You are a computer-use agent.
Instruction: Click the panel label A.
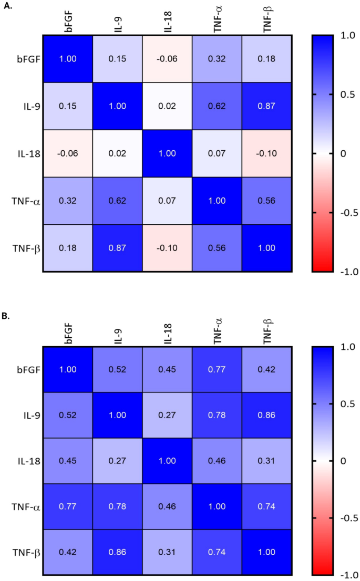[x=7, y=6]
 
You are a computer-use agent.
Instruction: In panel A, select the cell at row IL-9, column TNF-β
[x=266, y=106]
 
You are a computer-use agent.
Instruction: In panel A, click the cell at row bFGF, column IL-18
[x=167, y=58]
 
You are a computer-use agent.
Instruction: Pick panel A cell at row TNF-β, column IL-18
[x=167, y=247]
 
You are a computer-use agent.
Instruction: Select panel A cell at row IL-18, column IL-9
[x=117, y=153]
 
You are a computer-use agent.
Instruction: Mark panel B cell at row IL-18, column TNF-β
[x=266, y=464]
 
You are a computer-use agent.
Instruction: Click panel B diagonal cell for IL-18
[x=167, y=464]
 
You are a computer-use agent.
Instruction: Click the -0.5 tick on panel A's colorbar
[x=347, y=213]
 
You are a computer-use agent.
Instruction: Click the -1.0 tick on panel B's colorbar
[x=347, y=574]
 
